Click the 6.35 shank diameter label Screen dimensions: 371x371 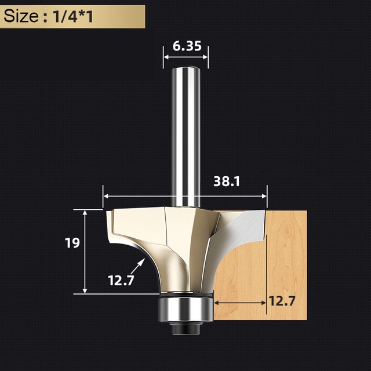[187, 46]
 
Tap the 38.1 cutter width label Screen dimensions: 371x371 [227, 181]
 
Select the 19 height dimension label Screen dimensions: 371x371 [72, 243]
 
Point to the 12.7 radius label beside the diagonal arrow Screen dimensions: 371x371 [121, 281]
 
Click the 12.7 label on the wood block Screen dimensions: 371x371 [282, 301]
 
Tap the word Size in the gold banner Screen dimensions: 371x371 [21, 16]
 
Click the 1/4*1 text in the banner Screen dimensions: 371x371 [73, 17]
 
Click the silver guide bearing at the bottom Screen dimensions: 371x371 [185, 309]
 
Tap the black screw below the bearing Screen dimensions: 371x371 [185, 328]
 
